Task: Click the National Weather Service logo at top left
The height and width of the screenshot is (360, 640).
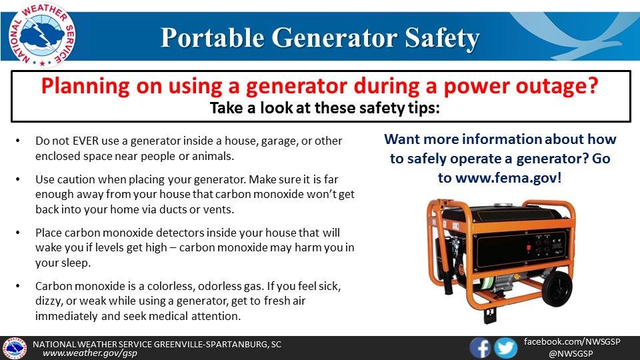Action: coord(41,34)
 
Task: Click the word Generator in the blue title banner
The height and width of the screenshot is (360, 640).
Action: coord(334,37)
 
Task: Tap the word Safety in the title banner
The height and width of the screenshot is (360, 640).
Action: coord(442,39)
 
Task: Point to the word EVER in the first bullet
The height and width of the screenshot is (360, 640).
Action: coord(86,141)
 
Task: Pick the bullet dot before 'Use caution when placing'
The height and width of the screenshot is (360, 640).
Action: coord(17,179)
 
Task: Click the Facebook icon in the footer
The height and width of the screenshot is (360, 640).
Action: coord(480,348)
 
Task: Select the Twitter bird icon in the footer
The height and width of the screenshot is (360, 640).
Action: coord(506,349)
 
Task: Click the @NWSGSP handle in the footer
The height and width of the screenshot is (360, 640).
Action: coord(571,354)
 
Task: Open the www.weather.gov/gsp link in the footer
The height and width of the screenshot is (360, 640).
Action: coord(90,353)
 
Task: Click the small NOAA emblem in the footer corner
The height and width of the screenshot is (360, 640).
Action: coord(15,349)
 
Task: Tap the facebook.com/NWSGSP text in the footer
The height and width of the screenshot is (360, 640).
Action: coord(572,341)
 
